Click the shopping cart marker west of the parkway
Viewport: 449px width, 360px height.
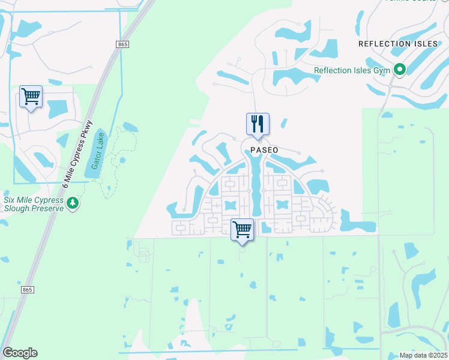(x=31, y=96)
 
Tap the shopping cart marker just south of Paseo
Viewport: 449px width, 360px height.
(x=242, y=229)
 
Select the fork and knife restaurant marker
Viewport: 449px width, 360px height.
(x=258, y=124)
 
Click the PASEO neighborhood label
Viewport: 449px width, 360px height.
(x=265, y=150)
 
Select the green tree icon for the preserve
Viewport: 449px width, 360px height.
(x=73, y=203)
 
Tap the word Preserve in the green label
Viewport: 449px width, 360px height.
(x=49, y=208)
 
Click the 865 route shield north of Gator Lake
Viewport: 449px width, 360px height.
(x=123, y=44)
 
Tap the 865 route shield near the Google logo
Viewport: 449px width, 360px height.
(x=27, y=290)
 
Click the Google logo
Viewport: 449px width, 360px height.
(x=20, y=353)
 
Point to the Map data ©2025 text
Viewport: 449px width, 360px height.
(x=423, y=355)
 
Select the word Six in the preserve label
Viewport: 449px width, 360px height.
(x=10, y=199)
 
